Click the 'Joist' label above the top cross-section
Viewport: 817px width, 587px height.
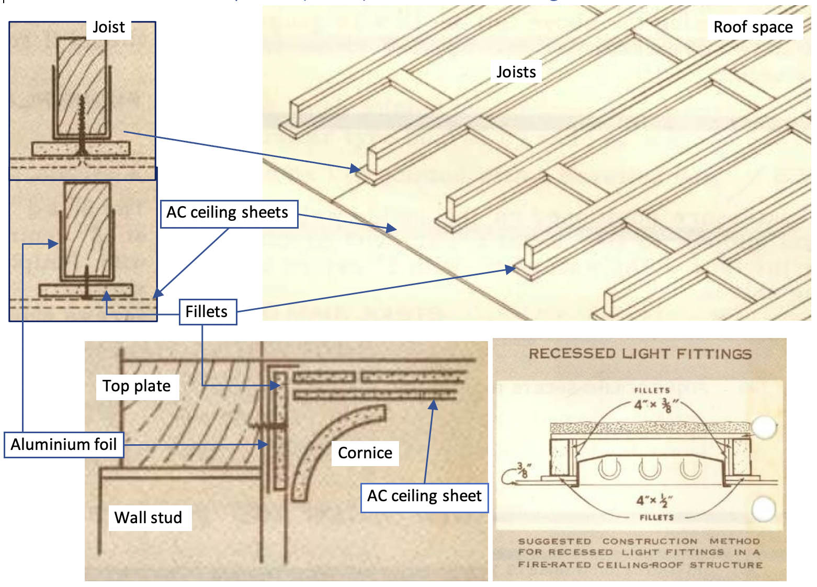click(x=108, y=27)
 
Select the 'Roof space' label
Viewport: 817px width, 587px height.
click(x=753, y=27)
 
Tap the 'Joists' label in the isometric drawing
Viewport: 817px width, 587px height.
click(x=516, y=72)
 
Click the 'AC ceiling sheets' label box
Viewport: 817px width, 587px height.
click(x=228, y=213)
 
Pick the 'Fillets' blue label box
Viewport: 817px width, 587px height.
click(x=207, y=312)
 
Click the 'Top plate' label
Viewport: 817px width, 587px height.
click(x=137, y=386)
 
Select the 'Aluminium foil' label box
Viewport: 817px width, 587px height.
click(x=64, y=445)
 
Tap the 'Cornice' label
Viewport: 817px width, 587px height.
click(x=365, y=453)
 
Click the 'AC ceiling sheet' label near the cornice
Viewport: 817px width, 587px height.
click(x=424, y=496)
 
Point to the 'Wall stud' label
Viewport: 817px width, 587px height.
click(x=149, y=517)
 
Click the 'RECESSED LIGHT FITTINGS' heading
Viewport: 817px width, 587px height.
click(x=640, y=354)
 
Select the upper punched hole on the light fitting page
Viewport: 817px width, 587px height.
click(x=764, y=426)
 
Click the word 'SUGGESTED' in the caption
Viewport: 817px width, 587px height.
click(x=554, y=541)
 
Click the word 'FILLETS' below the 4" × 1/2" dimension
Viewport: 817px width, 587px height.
click(x=656, y=517)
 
